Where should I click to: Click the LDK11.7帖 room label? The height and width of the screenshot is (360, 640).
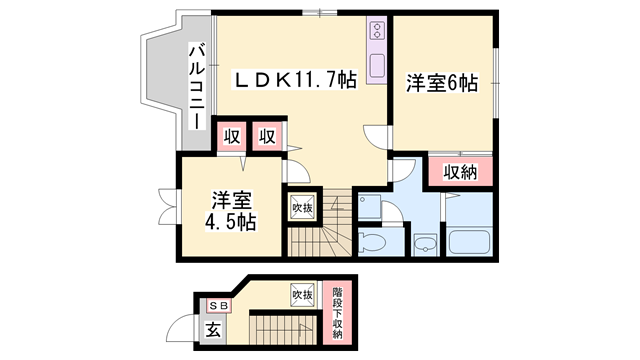(x=295, y=80)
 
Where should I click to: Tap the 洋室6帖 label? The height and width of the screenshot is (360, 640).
(x=442, y=83)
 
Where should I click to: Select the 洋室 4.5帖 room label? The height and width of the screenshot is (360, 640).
(x=231, y=211)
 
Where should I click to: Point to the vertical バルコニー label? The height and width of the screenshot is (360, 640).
(x=197, y=86)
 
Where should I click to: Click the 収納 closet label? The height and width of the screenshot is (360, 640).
(x=460, y=173)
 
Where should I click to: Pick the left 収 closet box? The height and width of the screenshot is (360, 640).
(x=232, y=137)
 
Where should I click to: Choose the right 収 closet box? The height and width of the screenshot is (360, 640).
(x=267, y=137)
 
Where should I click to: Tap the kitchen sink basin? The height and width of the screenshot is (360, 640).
(x=377, y=65)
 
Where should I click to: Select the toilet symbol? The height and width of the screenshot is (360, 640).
(x=372, y=242)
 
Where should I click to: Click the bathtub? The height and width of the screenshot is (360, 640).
(x=469, y=242)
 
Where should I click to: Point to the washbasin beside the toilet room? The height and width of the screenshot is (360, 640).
(x=424, y=244)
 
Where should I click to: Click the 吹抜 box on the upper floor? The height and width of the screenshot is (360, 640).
(x=302, y=207)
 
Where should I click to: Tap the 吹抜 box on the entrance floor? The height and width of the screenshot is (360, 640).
(x=302, y=295)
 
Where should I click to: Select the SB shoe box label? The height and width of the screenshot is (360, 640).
(x=220, y=305)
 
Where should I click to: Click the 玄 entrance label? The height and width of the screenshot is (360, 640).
(x=213, y=330)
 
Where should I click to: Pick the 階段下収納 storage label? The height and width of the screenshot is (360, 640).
(x=337, y=313)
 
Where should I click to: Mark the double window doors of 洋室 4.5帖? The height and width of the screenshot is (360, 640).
(x=168, y=206)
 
